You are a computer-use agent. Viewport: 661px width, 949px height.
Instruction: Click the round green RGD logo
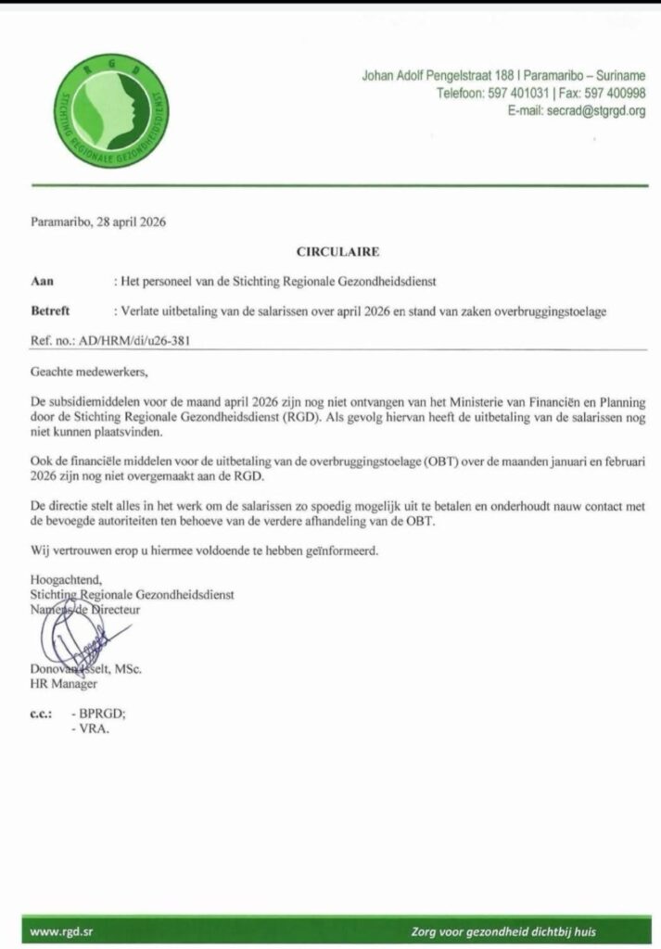pos(111,111)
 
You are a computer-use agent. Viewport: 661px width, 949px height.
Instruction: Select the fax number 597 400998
pos(615,94)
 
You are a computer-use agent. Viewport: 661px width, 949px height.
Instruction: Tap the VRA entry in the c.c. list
pos(95,729)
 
